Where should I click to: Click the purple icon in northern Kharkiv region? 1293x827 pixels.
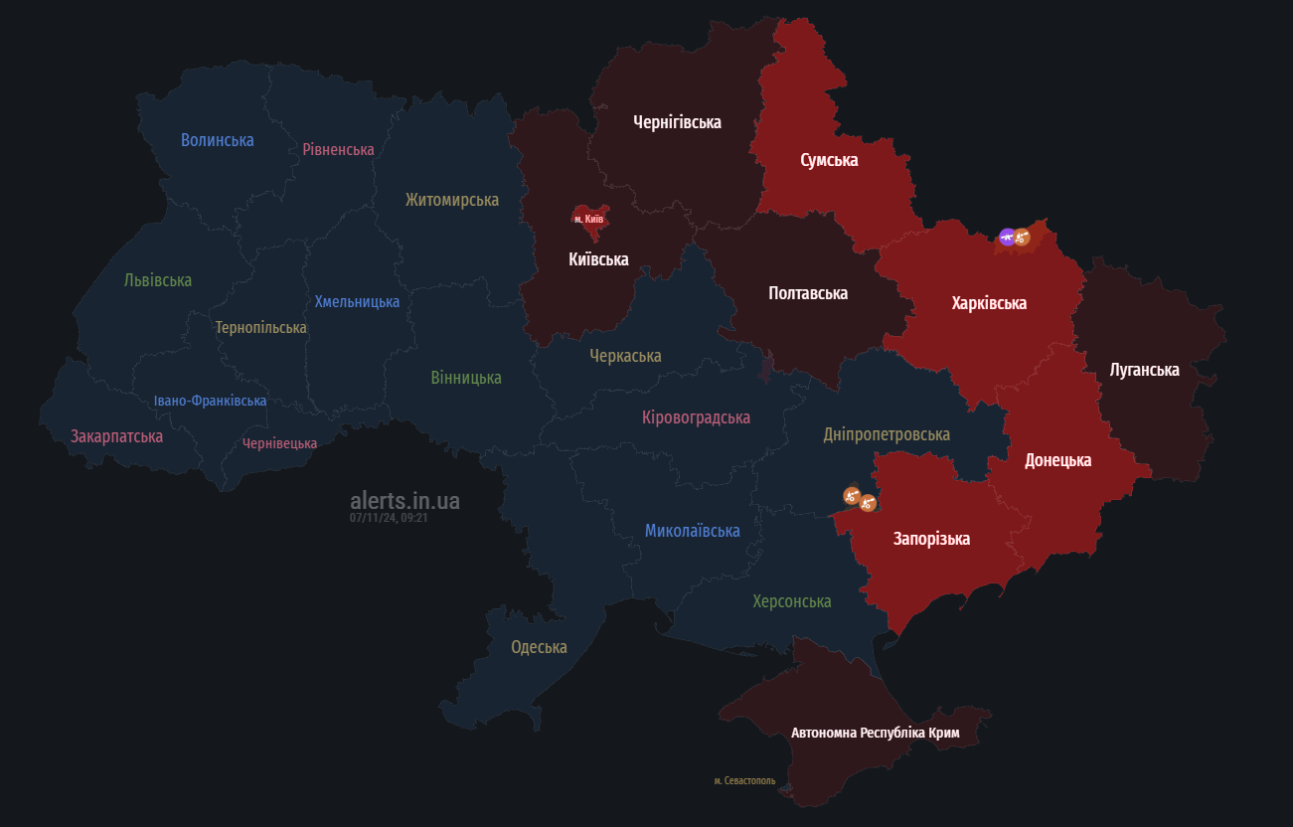(1007, 237)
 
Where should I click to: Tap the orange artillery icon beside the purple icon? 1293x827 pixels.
(1022, 237)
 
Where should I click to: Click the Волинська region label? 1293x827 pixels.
(217, 140)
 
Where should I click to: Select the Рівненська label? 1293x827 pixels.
(338, 149)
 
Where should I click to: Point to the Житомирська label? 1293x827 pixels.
(451, 200)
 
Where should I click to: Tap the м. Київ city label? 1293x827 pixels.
(589, 219)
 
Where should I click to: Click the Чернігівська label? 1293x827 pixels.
(677, 122)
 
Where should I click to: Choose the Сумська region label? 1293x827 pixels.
(829, 160)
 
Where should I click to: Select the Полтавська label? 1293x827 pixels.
(807, 293)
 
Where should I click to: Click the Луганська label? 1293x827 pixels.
(1144, 370)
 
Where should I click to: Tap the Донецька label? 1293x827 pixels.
(1057, 460)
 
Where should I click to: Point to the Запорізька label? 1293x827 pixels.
(931, 539)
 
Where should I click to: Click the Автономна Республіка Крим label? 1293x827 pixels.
(875, 733)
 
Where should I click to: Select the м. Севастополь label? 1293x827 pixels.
(744, 780)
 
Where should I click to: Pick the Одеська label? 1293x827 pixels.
(539, 647)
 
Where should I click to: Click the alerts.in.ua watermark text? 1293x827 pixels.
(404, 501)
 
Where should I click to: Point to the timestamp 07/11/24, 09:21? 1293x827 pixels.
(389, 518)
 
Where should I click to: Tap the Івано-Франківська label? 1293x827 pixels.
(210, 401)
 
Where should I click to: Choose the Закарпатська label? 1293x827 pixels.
(116, 436)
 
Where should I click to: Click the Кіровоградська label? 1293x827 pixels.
(696, 417)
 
